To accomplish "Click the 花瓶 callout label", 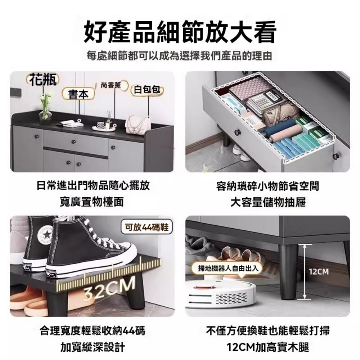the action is coord(43,80).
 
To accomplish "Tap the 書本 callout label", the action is coord(78,94).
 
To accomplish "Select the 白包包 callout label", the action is coord(147,90).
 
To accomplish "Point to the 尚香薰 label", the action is coord(111,85).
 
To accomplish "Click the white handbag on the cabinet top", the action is coord(137,124).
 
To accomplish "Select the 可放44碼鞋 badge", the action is coord(147,228).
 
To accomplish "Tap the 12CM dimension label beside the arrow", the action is coord(319,272).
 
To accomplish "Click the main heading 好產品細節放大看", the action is coord(180,32).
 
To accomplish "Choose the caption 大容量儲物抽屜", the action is coord(268,202).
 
